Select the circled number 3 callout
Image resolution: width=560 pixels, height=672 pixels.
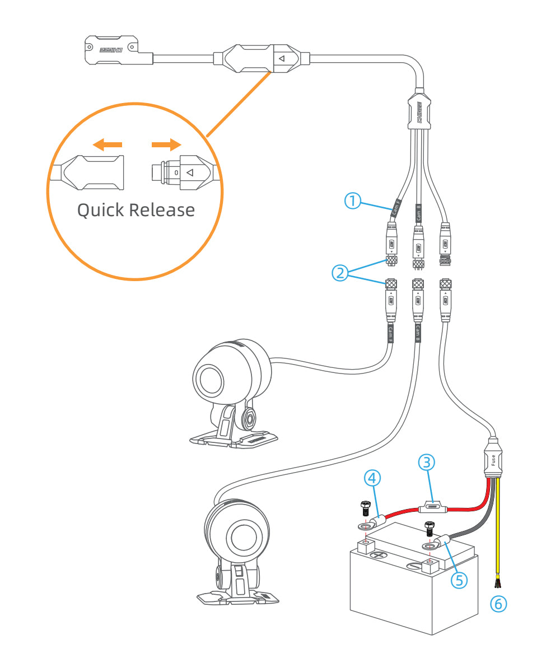click(427, 462)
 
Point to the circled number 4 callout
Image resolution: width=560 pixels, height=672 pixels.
click(373, 478)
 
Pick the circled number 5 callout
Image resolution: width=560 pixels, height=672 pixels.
click(460, 579)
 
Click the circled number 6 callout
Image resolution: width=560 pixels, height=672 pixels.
click(498, 603)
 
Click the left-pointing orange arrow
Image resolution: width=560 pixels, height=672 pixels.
click(107, 146)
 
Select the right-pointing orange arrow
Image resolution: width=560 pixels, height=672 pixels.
click(166, 145)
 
